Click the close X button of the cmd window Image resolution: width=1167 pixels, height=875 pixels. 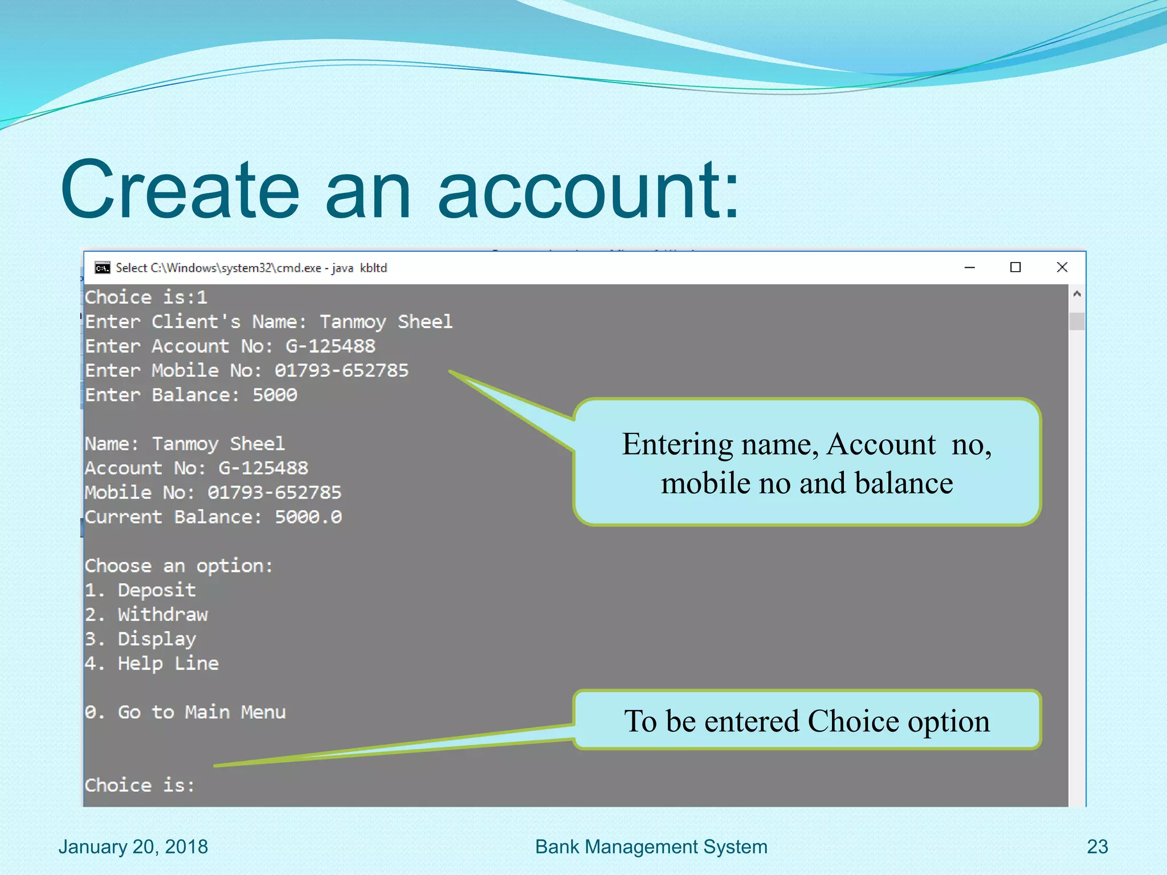tap(1062, 267)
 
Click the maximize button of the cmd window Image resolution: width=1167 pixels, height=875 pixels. tap(1015, 267)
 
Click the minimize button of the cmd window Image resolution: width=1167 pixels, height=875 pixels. tap(969, 267)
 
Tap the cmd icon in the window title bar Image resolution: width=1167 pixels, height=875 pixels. tap(103, 268)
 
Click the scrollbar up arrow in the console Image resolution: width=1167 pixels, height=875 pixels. tap(1076, 294)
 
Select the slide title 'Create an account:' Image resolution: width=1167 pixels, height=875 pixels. tap(399, 189)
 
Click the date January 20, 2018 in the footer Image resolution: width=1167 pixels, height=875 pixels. tap(133, 847)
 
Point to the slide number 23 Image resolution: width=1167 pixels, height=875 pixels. tap(1097, 847)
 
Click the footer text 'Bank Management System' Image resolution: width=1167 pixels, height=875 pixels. tap(651, 847)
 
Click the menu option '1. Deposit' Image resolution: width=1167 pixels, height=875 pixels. tap(140, 590)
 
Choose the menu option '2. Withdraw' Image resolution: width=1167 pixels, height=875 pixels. tap(146, 615)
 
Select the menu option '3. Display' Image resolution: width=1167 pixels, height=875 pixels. tap(140, 639)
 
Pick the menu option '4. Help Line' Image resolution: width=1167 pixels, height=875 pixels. tap(152, 664)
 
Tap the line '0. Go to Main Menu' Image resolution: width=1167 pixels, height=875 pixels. tap(185, 712)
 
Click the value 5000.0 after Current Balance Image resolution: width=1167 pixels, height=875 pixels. tap(308, 517)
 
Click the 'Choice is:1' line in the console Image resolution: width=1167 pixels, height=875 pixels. tap(146, 297)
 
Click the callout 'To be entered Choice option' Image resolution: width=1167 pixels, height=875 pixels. tap(806, 721)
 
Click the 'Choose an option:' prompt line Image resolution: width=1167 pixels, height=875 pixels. tap(179, 566)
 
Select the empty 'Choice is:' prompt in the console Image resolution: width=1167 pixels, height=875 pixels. tap(140, 785)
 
